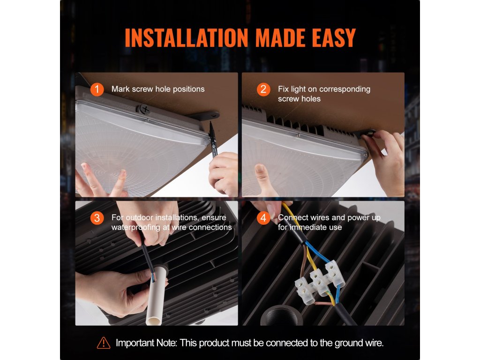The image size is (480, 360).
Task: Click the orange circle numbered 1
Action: coord(97,90)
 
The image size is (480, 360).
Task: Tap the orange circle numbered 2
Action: coord(263,90)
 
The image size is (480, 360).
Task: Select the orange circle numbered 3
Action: coord(97,218)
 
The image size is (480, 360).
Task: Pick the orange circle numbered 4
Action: coord(263,218)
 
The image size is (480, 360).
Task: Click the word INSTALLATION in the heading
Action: coord(187,38)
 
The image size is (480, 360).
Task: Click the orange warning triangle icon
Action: coord(104,343)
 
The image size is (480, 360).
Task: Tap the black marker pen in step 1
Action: coord(213,140)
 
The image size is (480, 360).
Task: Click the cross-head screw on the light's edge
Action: coord(144,109)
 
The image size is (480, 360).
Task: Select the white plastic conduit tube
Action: coord(157,294)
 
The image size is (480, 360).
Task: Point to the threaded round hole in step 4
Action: coord(281,315)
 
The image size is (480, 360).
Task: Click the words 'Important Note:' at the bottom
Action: coord(146,343)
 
